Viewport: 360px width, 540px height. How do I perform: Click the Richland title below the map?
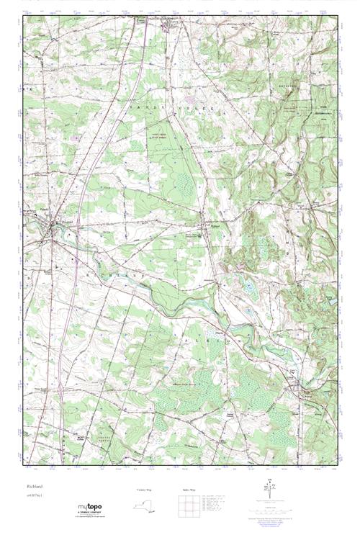coord(34,486)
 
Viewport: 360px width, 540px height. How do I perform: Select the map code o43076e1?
coord(35,495)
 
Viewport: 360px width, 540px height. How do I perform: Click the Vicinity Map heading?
coord(145,489)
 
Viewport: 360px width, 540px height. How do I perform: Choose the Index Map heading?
coord(189,489)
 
